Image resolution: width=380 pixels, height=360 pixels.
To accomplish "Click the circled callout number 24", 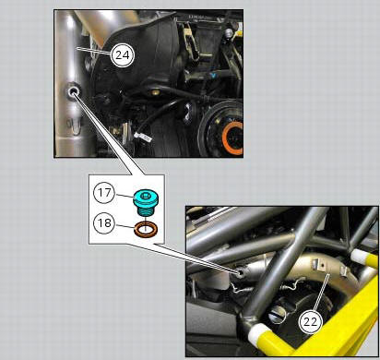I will pyautogui.click(x=120, y=54).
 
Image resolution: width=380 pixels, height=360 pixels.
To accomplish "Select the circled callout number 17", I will pyautogui.click(x=103, y=194).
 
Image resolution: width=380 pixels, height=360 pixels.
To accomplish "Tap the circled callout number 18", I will pyautogui.click(x=103, y=222).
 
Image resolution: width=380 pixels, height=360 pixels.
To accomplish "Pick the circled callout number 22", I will pyautogui.click(x=311, y=321).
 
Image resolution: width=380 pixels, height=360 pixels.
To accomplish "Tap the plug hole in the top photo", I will pyautogui.click(x=72, y=92).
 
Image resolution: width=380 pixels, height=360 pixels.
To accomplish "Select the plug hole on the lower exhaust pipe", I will pyautogui.click(x=241, y=272).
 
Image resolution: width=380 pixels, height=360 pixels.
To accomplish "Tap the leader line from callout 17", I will pyautogui.click(x=122, y=194).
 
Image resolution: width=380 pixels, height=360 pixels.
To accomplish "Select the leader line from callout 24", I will pyautogui.click(x=96, y=52).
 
